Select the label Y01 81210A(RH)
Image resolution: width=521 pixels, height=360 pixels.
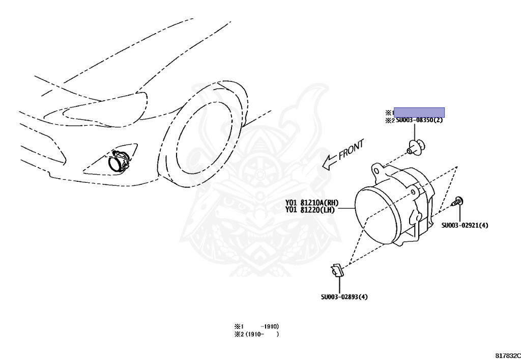tap(311, 202)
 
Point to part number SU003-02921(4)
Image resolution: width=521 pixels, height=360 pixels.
tap(465, 225)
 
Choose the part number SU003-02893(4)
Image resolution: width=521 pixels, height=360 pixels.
tap(344, 297)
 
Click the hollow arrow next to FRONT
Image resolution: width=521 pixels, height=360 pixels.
tap(330, 162)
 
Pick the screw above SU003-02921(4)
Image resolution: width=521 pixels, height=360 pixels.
tap(457, 201)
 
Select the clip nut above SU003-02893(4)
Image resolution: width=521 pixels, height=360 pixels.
tap(336, 270)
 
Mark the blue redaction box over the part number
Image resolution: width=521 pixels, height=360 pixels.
tap(419, 113)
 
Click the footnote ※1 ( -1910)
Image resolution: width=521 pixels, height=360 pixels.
tap(256, 326)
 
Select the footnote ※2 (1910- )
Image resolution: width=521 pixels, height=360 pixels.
tap(256, 335)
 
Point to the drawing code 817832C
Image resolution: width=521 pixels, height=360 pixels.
tap(507, 355)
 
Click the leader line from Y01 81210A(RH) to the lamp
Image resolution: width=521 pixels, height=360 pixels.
tap(344, 208)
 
